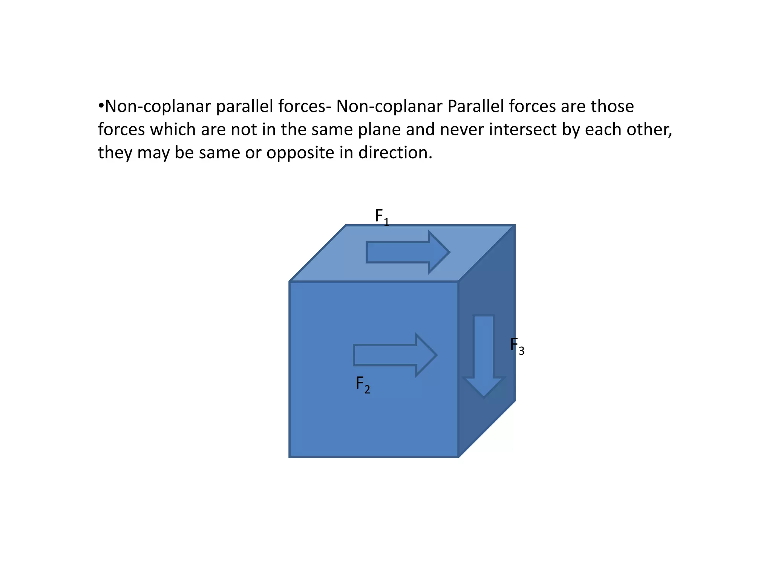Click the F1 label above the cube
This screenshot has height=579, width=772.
(x=381, y=217)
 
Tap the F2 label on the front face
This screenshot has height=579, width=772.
(x=363, y=384)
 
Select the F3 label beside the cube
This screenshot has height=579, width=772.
(x=517, y=346)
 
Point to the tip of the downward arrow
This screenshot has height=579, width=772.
(x=484, y=397)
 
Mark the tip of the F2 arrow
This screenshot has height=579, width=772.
(x=436, y=355)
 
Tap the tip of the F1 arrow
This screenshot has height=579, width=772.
(x=449, y=252)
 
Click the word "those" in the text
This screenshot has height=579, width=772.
(x=612, y=107)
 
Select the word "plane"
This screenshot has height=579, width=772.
(x=379, y=130)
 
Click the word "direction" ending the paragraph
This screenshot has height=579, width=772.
(x=394, y=153)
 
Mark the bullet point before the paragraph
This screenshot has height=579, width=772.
(x=101, y=106)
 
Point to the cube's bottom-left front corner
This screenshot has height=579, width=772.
(x=290, y=457)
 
